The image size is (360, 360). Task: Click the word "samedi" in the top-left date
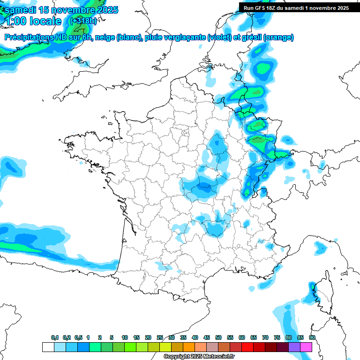(21, 10)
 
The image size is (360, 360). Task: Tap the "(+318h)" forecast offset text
(83, 21)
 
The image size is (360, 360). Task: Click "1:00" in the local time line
(15, 21)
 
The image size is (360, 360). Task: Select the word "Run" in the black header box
(249, 7)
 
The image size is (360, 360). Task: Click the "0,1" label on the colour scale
(55, 337)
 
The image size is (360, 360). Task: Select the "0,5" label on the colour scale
(78, 337)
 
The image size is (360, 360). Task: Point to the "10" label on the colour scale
(125, 337)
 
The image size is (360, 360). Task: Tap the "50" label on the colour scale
(218, 337)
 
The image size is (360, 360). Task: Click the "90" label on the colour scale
(312, 337)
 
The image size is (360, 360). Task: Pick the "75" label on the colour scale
(277, 337)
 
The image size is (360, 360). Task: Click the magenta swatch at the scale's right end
(306, 347)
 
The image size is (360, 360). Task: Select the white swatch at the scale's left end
(48, 347)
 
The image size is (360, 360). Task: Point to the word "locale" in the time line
(45, 21)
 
